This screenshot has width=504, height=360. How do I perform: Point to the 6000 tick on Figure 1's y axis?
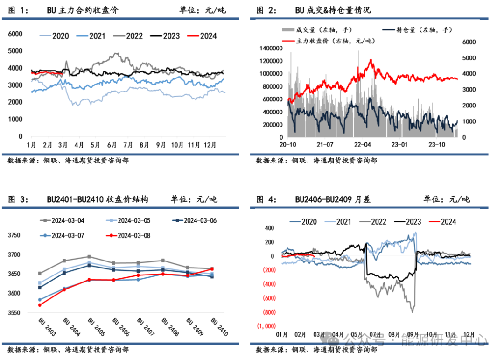(x=16, y=34)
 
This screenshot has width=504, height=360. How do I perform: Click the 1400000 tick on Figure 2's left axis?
(x=272, y=48)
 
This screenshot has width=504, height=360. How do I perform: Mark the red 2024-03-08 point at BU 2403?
(x=40, y=305)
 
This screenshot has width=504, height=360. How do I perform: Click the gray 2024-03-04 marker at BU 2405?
(x=90, y=256)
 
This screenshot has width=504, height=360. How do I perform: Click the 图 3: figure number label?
(x=19, y=199)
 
